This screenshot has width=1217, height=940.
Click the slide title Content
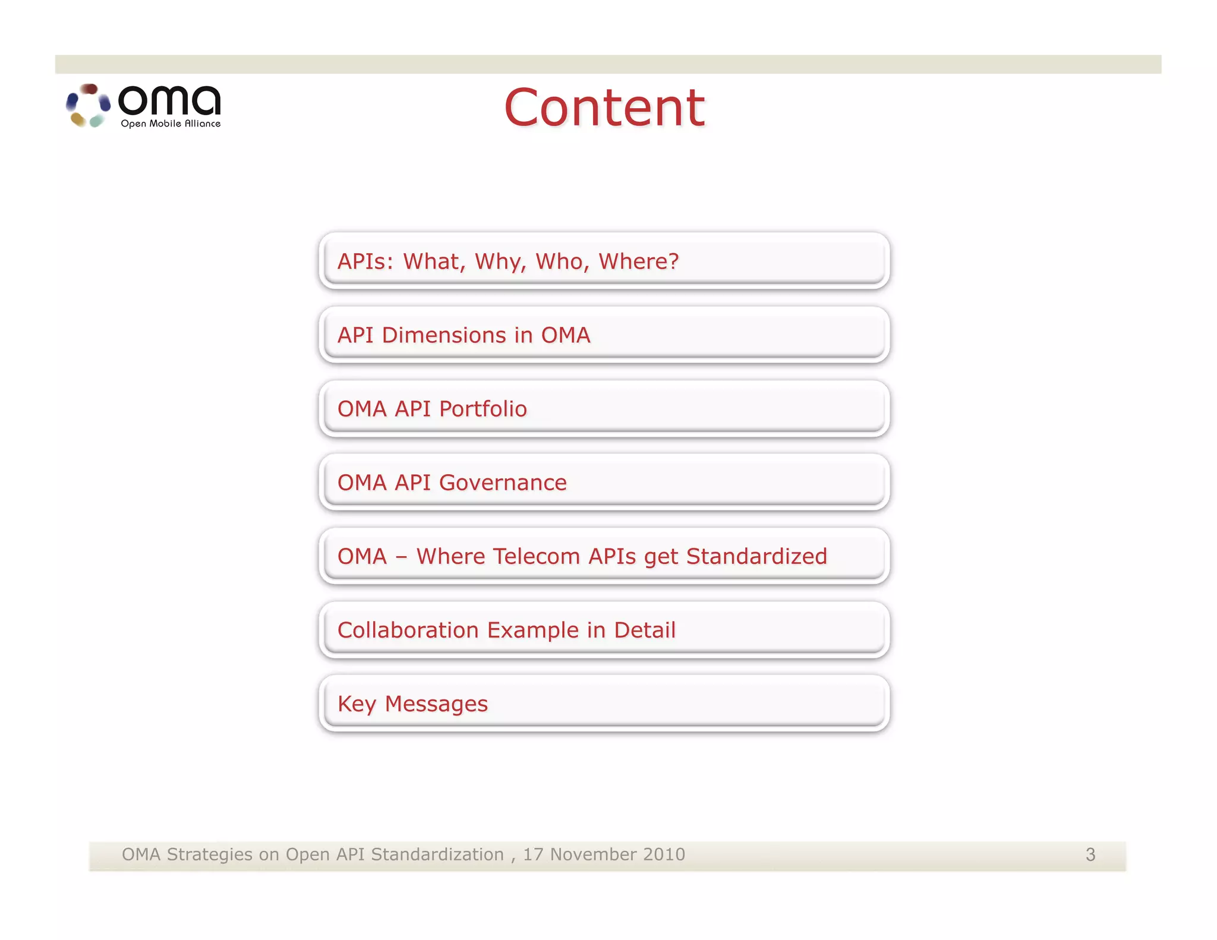point(604,108)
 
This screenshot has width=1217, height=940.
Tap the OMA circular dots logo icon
point(88,105)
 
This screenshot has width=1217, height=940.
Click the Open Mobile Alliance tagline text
point(171,124)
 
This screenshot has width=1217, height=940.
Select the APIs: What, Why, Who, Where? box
point(604,261)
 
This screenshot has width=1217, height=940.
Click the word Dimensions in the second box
point(444,335)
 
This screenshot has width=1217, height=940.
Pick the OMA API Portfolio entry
point(604,409)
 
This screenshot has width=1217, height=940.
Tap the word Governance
point(503,482)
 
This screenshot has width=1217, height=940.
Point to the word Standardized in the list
point(756,556)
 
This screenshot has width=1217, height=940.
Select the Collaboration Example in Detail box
point(604,630)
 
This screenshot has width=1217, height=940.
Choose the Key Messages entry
point(604,704)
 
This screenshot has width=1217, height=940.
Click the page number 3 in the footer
point(1090,854)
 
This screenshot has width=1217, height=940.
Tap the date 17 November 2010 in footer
point(604,854)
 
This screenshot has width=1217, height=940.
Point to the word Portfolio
point(483,409)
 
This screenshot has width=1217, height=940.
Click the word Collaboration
point(408,630)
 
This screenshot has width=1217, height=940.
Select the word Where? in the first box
point(639,261)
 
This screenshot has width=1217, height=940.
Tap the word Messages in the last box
point(436,704)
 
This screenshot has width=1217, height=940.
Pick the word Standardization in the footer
point(437,854)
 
